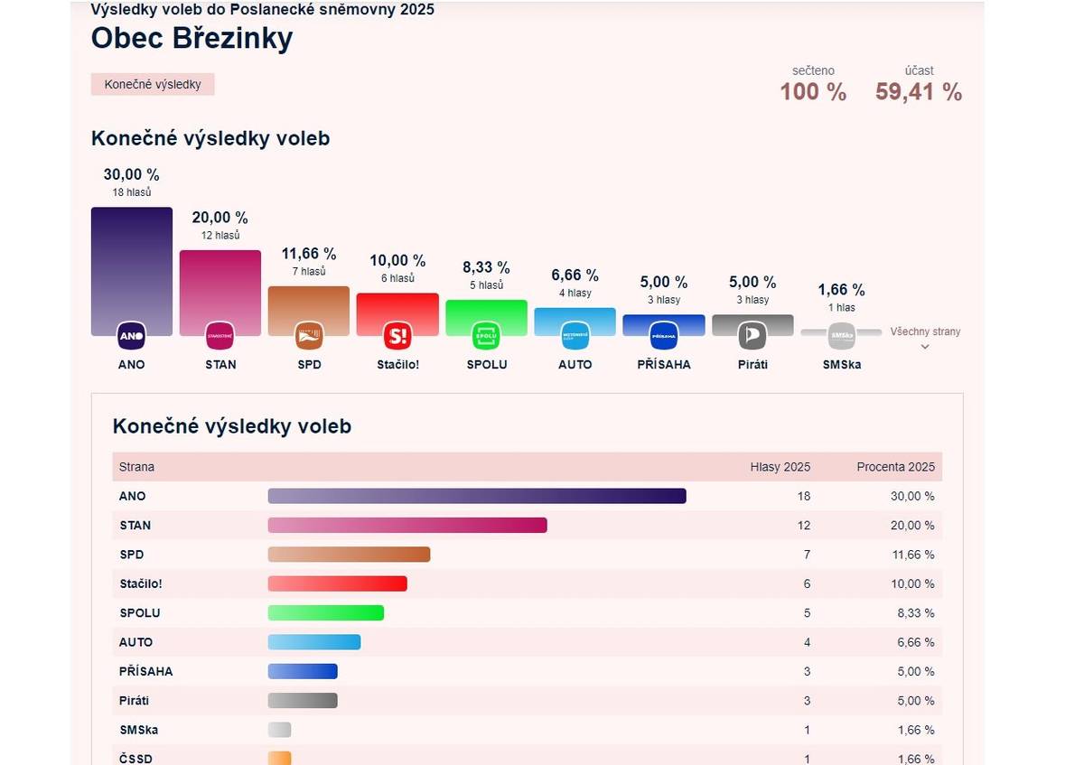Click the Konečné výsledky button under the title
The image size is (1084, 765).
click(153, 85)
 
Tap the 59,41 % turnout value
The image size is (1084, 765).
click(918, 92)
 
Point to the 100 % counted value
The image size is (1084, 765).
click(813, 92)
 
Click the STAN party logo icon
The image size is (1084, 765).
click(220, 336)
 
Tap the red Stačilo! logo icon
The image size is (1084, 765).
click(397, 336)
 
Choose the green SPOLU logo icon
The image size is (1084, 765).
click(486, 336)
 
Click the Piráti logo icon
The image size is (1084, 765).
click(752, 336)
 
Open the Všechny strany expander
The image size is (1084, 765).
click(925, 338)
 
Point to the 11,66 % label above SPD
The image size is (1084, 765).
click(309, 254)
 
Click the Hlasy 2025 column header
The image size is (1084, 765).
click(780, 467)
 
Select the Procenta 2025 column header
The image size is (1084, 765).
click(895, 467)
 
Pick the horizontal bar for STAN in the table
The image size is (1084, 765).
click(407, 526)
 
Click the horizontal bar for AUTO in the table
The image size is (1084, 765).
click(314, 642)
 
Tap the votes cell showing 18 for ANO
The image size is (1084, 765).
click(804, 496)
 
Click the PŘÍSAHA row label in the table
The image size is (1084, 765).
click(145, 671)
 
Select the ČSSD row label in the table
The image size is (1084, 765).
click(135, 759)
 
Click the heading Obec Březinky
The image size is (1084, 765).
click(192, 39)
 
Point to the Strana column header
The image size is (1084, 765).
click(136, 467)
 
